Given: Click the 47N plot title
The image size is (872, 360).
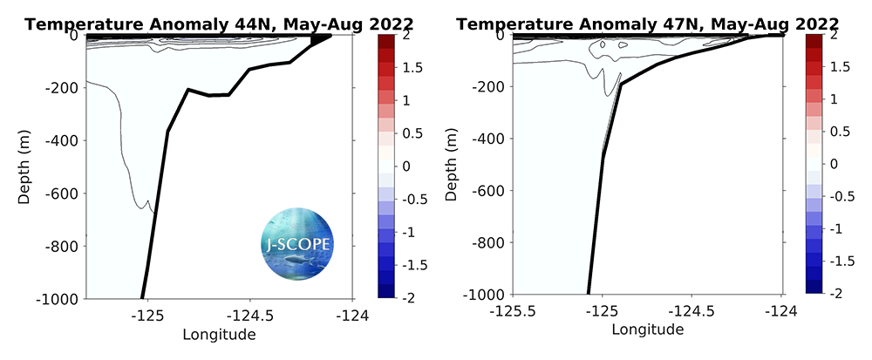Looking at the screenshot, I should [x=649, y=24].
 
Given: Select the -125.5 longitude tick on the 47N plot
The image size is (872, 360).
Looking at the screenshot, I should [x=514, y=311].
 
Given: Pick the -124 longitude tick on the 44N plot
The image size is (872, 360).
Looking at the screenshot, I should [x=352, y=316].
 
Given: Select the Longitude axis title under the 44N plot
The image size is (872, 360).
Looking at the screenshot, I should [x=218, y=334].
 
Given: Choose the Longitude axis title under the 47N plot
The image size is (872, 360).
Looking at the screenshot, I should [x=647, y=329].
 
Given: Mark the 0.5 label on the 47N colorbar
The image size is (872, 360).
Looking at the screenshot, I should [x=838, y=132].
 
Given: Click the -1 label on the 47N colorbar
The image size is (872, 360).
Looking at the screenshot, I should [x=835, y=229].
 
